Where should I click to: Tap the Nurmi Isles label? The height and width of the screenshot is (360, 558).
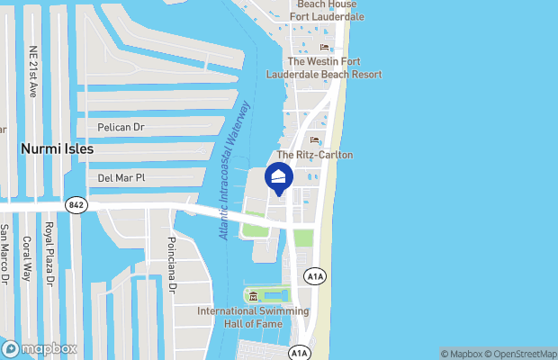click(x=57, y=148)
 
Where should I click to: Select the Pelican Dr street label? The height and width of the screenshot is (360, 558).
click(x=121, y=128)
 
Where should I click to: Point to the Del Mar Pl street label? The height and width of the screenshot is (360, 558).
click(x=121, y=178)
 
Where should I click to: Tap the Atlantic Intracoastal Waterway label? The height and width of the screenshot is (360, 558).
click(x=235, y=169)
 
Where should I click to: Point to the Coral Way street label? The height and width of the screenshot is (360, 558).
click(x=27, y=258)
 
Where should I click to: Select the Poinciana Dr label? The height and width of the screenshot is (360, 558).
click(x=171, y=264)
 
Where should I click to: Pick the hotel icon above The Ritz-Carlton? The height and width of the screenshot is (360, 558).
click(x=314, y=139)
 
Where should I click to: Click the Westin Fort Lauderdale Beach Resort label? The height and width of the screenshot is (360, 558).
click(x=324, y=67)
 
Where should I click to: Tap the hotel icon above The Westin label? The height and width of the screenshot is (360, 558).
click(x=325, y=47)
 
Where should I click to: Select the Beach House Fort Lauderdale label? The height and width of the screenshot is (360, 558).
click(x=325, y=11)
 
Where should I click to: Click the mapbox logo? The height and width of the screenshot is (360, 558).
click(x=40, y=348)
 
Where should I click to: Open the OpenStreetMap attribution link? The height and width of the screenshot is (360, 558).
click(x=523, y=353)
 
